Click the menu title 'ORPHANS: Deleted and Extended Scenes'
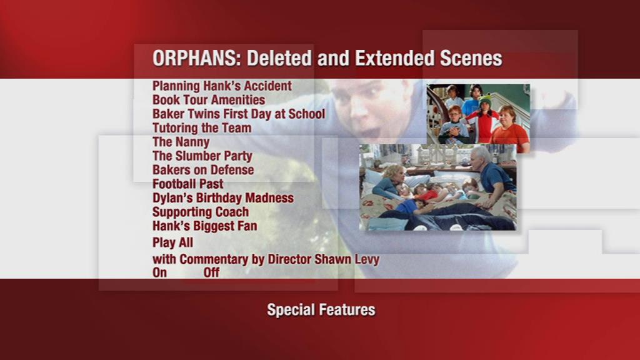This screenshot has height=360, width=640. pyautogui.click(x=327, y=58)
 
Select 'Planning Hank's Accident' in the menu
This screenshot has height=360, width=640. pyautogui.click(x=222, y=86)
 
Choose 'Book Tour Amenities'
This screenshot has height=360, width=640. pyautogui.click(x=208, y=100)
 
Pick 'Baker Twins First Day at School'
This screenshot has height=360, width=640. pyautogui.click(x=238, y=114)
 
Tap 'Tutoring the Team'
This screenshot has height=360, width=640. pyautogui.click(x=201, y=128)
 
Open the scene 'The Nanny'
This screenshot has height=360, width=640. pyautogui.click(x=181, y=142)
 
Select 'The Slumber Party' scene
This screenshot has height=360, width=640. pyautogui.click(x=202, y=156)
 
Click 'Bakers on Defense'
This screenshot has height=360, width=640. pyautogui.click(x=202, y=170)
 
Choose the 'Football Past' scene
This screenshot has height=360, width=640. pyautogui.click(x=187, y=184)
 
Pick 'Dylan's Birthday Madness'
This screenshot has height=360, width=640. pyautogui.click(x=222, y=198)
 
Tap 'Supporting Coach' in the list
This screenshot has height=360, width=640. pyautogui.click(x=200, y=212)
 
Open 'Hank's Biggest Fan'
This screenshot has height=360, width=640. pyautogui.click(x=204, y=226)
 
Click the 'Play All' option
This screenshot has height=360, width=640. pyautogui.click(x=172, y=242)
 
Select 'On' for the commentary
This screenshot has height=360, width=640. pyautogui.click(x=159, y=272)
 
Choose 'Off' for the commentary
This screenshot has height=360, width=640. pyautogui.click(x=211, y=272)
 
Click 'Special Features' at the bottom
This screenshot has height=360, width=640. pyautogui.click(x=321, y=309)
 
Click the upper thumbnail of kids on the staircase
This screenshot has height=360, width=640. pyautogui.click(x=478, y=114)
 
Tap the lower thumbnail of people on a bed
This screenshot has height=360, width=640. pyautogui.click(x=437, y=187)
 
